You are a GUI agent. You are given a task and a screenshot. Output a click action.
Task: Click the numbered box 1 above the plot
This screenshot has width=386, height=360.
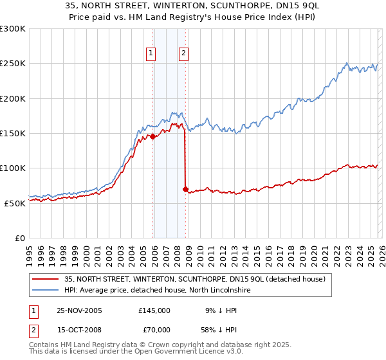point(151,54)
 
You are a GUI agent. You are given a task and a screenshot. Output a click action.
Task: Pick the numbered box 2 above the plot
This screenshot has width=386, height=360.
point(184,54)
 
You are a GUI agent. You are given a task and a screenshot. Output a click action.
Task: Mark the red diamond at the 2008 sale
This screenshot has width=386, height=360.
point(185,189)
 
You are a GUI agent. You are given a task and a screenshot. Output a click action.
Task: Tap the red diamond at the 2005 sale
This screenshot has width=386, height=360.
point(152,137)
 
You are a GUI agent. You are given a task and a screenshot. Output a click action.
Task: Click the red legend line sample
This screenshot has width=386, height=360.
point(46,279)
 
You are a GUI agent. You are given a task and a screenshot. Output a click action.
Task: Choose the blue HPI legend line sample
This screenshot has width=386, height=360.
point(46,291)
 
